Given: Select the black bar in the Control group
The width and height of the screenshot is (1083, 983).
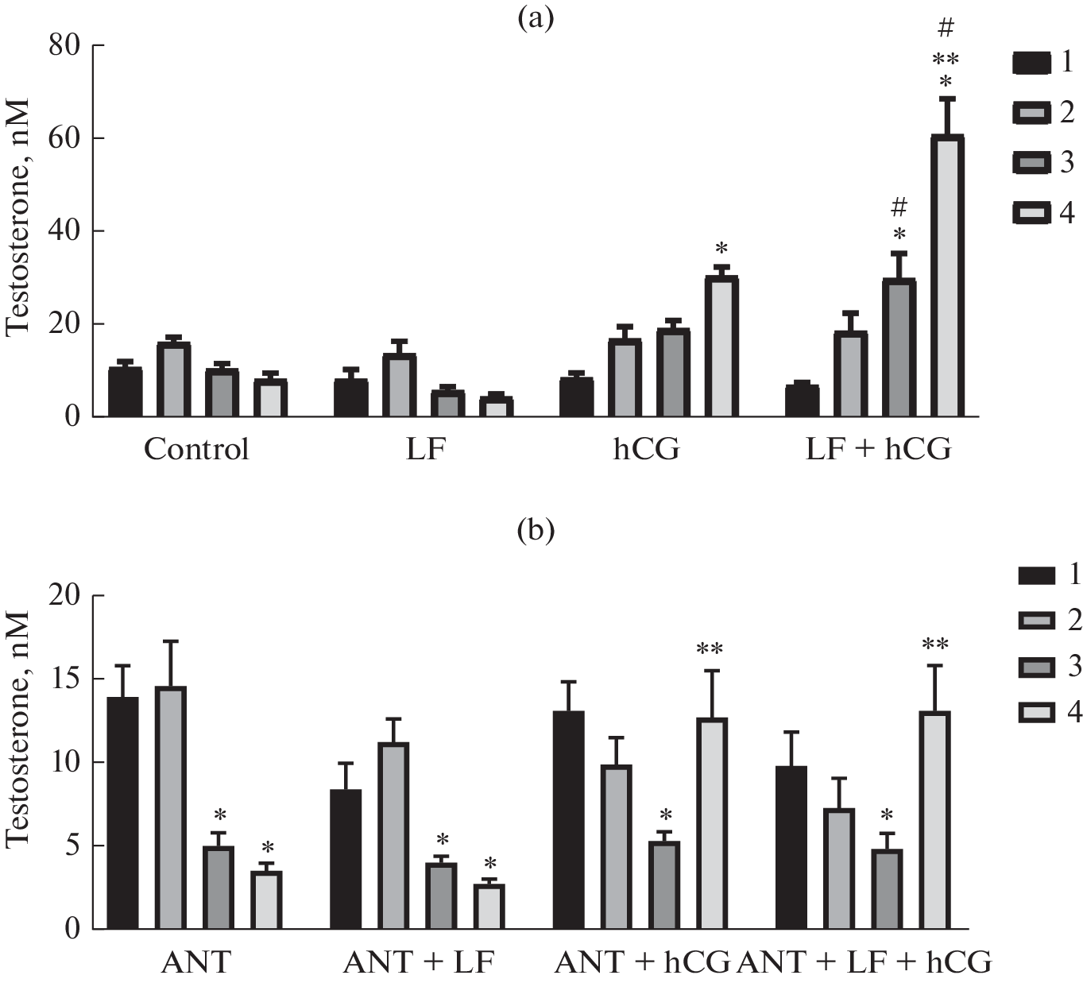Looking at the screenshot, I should pyautogui.click(x=126, y=393).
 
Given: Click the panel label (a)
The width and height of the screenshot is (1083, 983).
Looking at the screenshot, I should pyautogui.click(x=535, y=17).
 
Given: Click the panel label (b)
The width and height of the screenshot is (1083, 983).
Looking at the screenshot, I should pyautogui.click(x=535, y=529).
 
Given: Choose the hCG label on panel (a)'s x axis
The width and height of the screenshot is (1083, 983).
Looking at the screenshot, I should pyautogui.click(x=646, y=450).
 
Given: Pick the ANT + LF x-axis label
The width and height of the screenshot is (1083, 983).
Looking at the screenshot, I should pyautogui.click(x=419, y=963).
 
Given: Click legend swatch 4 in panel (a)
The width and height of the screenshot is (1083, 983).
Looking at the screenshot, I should pyautogui.click(x=1031, y=213).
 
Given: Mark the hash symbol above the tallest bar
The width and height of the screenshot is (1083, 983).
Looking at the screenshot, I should pyautogui.click(x=946, y=29).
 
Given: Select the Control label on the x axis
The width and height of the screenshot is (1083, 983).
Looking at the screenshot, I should pyautogui.click(x=196, y=450).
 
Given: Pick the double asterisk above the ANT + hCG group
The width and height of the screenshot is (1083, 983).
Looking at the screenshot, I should pyautogui.click(x=710, y=650).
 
